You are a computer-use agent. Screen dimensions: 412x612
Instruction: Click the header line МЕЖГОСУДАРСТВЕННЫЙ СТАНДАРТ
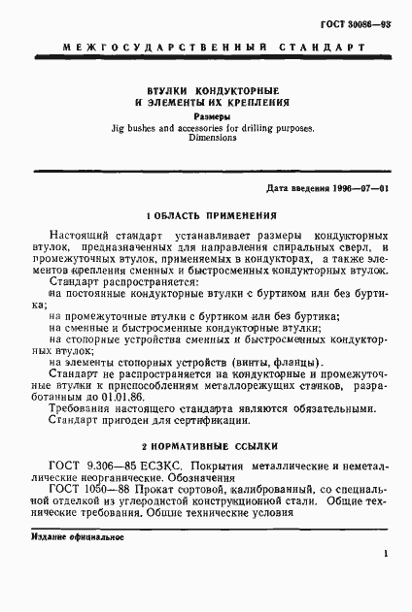[x=204, y=46]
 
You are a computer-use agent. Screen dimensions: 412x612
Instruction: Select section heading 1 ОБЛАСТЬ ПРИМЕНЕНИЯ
[x=205, y=215]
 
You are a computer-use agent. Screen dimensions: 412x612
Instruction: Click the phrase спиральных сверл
[x=306, y=248]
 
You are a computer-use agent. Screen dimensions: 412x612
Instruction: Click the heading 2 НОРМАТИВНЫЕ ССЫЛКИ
[x=205, y=448]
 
